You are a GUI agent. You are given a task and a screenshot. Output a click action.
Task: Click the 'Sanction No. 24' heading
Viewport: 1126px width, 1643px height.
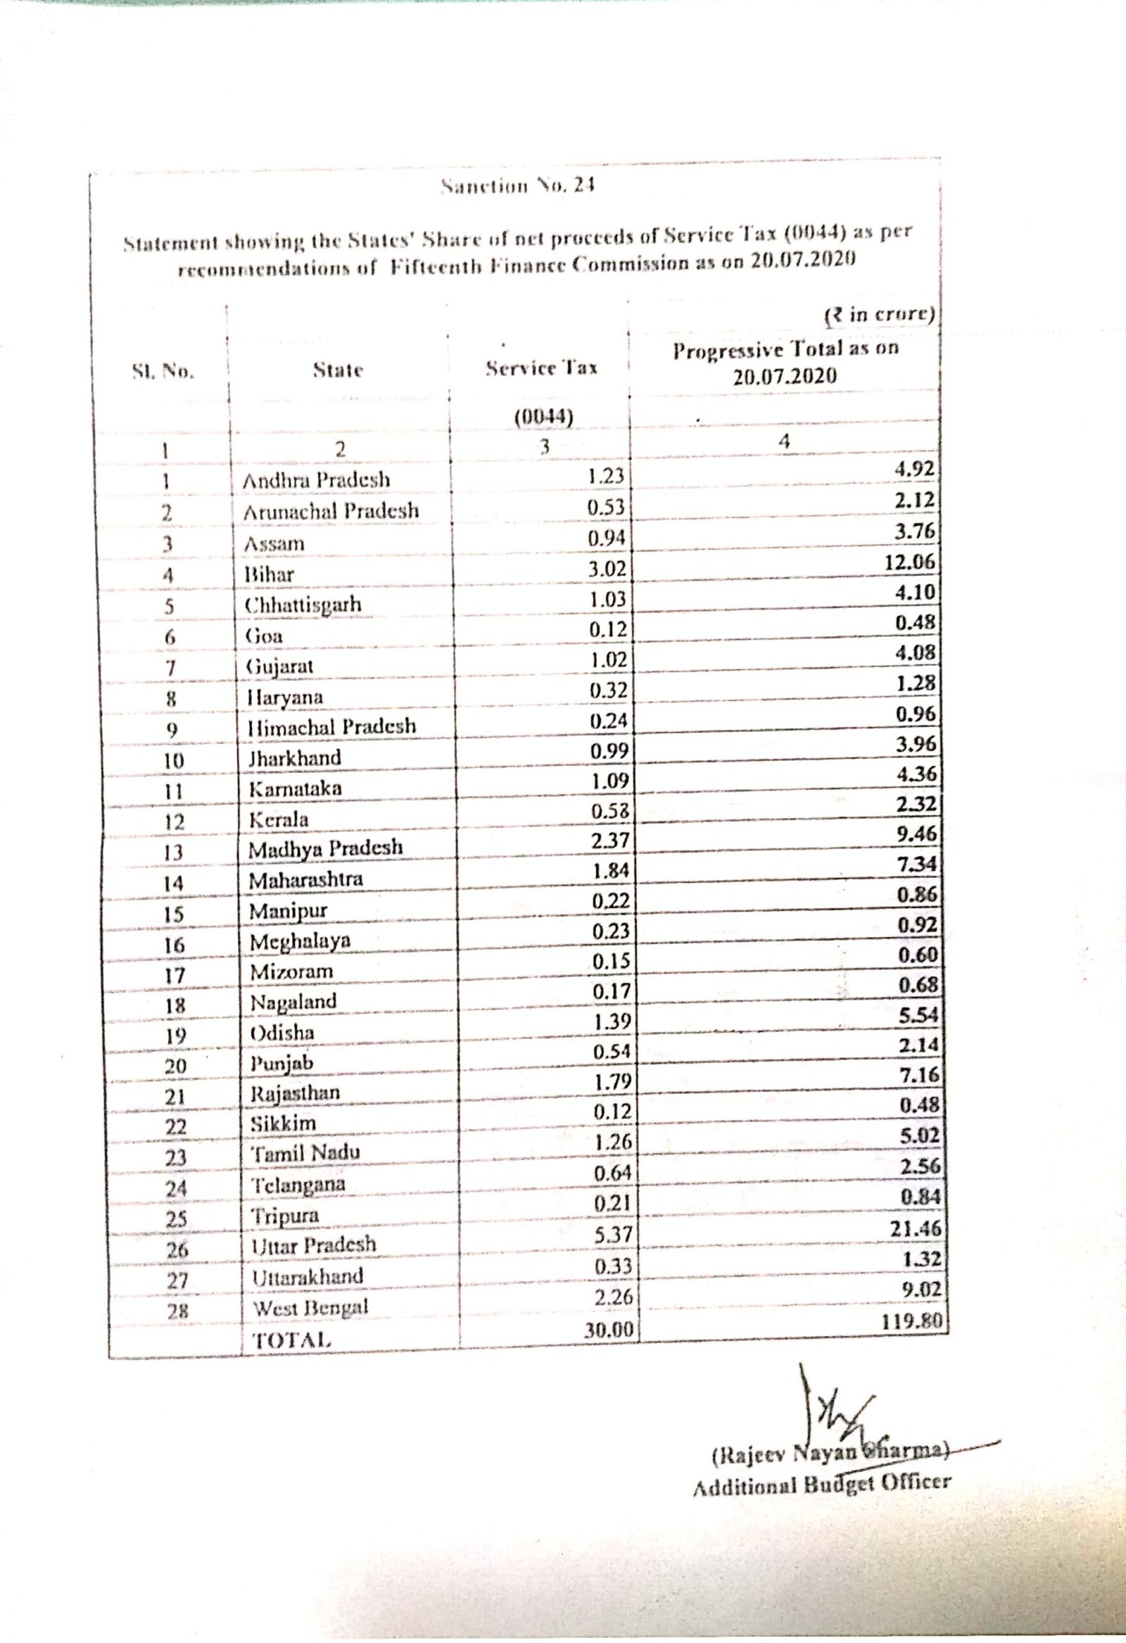tap(517, 187)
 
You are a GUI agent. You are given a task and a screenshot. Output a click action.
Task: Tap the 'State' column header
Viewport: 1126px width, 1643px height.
tap(338, 370)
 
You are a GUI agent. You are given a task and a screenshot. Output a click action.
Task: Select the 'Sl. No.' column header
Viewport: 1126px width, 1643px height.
tap(163, 370)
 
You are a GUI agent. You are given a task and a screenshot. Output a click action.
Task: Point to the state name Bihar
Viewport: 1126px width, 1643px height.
tap(269, 574)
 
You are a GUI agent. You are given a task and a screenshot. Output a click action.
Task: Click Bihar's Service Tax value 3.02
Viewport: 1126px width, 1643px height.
tap(607, 569)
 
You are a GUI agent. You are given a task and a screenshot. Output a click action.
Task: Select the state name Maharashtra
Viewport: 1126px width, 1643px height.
tap(305, 879)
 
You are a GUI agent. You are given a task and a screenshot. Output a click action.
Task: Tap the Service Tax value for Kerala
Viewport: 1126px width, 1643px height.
tap(609, 811)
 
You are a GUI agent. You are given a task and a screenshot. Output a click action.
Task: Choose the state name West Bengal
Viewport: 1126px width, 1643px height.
tap(310, 1307)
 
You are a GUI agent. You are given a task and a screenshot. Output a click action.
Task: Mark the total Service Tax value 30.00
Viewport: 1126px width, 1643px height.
tap(609, 1330)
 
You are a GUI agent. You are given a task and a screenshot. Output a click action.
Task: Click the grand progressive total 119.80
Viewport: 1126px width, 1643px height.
tap(913, 1320)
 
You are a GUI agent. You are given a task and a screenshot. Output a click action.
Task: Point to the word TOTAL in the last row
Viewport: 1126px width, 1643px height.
tap(292, 1339)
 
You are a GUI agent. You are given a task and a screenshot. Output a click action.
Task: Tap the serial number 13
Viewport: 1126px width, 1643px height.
tap(173, 852)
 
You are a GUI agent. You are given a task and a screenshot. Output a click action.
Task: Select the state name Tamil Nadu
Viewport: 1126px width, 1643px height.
tap(306, 1153)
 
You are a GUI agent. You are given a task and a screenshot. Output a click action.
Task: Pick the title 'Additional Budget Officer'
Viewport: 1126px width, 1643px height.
tap(821, 1485)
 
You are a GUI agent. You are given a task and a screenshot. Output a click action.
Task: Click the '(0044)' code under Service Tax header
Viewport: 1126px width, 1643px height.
tap(543, 417)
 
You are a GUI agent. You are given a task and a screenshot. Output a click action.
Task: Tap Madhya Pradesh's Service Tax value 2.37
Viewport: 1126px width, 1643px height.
tap(609, 841)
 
